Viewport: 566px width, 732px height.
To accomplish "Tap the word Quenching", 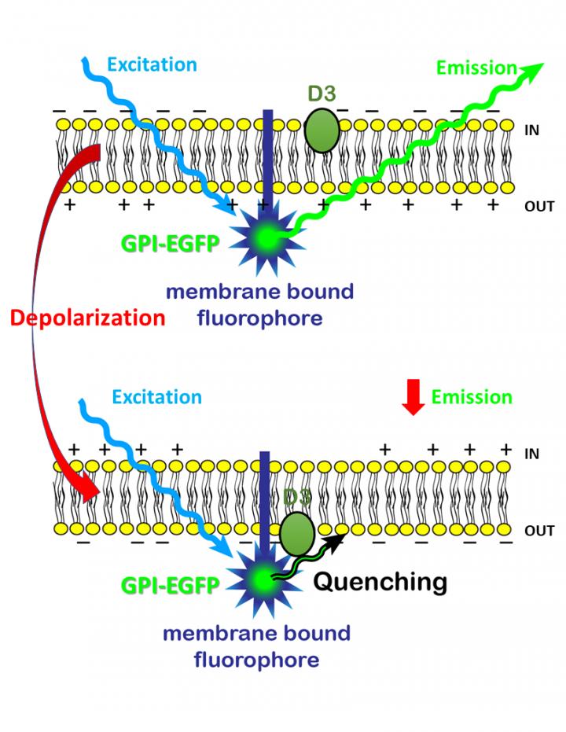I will pos(380,582).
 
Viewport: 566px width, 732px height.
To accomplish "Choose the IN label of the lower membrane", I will pos(531,454).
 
